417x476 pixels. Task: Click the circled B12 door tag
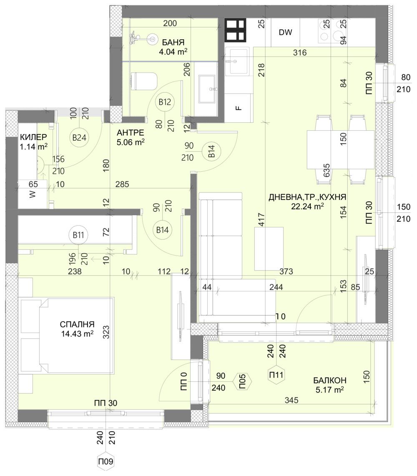coord(165,102)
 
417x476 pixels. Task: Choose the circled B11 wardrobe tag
coord(78,235)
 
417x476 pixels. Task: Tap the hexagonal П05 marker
coord(242,381)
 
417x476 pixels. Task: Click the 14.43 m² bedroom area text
coord(77,333)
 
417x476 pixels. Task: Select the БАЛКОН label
coord(330,380)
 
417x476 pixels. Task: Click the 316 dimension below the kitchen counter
coord(300,53)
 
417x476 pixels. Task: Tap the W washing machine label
coord(33,195)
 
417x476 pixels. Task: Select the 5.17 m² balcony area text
coord(330,390)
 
